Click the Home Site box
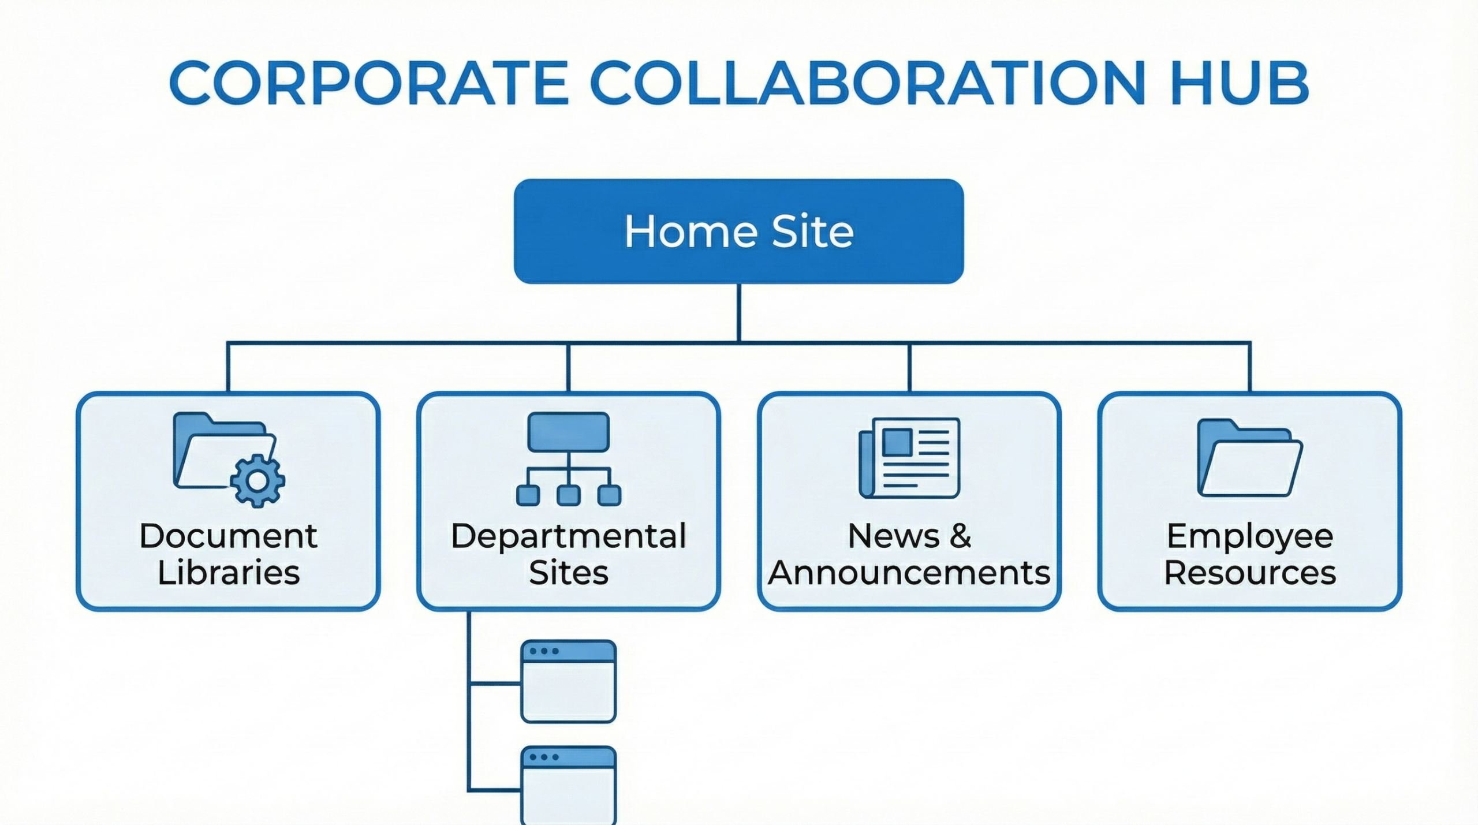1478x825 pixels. click(x=738, y=231)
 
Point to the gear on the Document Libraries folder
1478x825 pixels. click(x=257, y=481)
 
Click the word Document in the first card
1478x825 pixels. click(x=228, y=536)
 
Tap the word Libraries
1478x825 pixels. click(x=228, y=573)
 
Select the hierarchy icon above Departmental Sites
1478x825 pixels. click(x=568, y=459)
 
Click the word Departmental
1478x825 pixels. click(x=568, y=536)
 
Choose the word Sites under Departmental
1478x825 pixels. click(x=568, y=573)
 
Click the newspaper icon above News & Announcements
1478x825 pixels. click(x=909, y=457)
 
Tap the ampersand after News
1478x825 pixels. click(x=960, y=536)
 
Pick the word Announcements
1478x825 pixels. click(x=909, y=573)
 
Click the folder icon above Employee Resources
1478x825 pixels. click(x=1249, y=458)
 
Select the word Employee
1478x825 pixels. click(x=1249, y=536)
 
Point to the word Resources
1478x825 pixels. click(x=1249, y=573)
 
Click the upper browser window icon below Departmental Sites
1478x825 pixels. click(x=568, y=681)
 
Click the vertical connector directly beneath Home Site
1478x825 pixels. click(x=739, y=312)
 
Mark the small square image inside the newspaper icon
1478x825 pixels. click(x=898, y=442)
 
